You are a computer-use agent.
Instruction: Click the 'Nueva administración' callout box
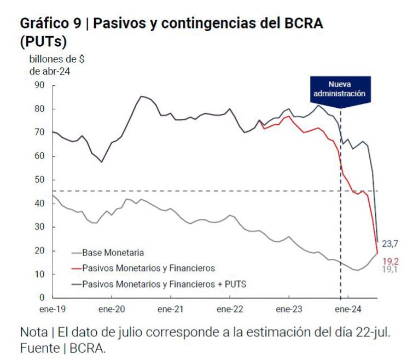click(340, 89)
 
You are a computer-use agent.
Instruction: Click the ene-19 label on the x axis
click(53, 309)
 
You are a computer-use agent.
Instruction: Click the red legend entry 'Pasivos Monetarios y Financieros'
click(148, 268)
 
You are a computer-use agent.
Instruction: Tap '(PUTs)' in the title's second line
click(43, 42)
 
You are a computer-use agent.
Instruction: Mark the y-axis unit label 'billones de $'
click(57, 59)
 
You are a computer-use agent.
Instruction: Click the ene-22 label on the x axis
click(230, 309)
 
